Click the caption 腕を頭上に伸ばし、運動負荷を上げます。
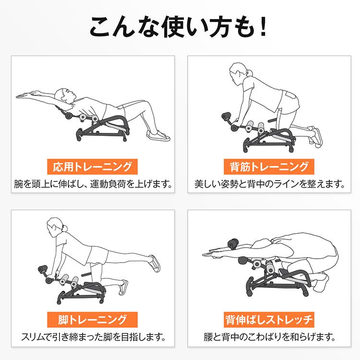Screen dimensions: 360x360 coord(93,184)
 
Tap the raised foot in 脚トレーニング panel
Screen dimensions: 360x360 coord(155,263)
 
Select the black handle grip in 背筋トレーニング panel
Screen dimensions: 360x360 coord(226,116)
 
